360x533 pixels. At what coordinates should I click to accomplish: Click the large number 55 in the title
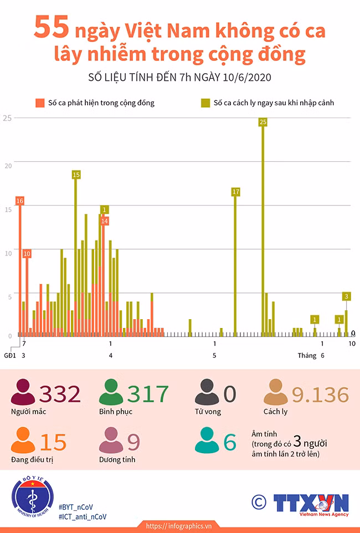[52, 27]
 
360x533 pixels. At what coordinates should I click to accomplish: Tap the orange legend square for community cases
[40, 103]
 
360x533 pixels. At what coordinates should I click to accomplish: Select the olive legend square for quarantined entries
[205, 103]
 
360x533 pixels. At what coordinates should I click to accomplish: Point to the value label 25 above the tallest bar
[263, 122]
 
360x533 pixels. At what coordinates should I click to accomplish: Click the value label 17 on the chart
[235, 192]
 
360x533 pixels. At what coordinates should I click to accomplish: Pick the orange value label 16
[20, 201]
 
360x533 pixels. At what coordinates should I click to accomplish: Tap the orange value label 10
[27, 254]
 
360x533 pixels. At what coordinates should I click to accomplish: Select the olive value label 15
[76, 175]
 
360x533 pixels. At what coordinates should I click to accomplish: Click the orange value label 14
[104, 221]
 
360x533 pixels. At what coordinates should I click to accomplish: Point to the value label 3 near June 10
[346, 296]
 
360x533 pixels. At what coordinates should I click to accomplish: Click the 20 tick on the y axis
[8, 166]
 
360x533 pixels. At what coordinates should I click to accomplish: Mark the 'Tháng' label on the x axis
[307, 356]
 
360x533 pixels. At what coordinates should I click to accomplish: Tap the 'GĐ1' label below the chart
[10, 356]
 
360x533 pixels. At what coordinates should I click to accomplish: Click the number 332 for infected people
[60, 394]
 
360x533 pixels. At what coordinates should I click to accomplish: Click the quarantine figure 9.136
[320, 394]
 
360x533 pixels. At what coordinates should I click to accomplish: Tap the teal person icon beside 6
[207, 440]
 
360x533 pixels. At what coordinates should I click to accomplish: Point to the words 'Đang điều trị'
[32, 459]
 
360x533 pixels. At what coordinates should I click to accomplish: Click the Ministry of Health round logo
[33, 497]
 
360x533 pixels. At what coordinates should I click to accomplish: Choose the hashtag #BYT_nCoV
[76, 507]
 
